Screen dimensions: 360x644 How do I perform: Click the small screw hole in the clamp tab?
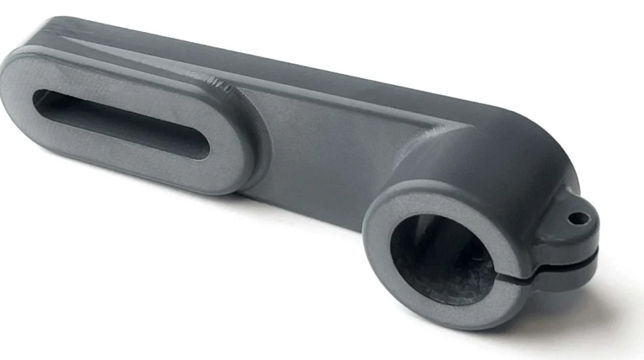(577, 218)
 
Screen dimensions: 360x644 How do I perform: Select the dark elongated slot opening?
(119, 123)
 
